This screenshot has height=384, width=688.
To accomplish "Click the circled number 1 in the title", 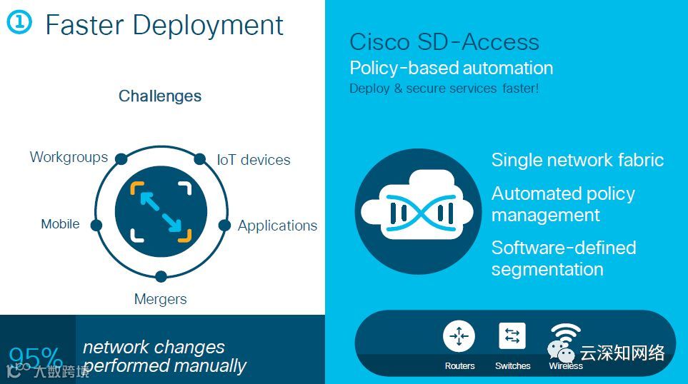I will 19,22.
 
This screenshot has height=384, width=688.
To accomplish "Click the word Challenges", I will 160,96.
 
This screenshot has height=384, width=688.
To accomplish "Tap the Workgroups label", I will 69,157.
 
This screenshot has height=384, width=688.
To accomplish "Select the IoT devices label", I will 254,160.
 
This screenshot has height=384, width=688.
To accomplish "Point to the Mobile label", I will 60,224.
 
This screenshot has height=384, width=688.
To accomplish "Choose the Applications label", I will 277,226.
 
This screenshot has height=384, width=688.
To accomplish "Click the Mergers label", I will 160,299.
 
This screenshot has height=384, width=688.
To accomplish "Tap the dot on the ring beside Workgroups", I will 121,158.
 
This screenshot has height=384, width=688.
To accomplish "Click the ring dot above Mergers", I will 161,276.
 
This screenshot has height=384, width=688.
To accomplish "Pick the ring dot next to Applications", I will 224,226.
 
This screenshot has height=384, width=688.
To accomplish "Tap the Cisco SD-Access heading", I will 444,42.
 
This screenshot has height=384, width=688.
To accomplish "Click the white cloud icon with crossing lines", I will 418,212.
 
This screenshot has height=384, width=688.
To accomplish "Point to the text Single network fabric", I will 577,160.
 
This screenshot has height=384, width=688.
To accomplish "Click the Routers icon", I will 459,336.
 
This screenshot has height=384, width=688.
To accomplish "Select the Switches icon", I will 512,336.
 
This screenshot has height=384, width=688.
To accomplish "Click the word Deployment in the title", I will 208,25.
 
